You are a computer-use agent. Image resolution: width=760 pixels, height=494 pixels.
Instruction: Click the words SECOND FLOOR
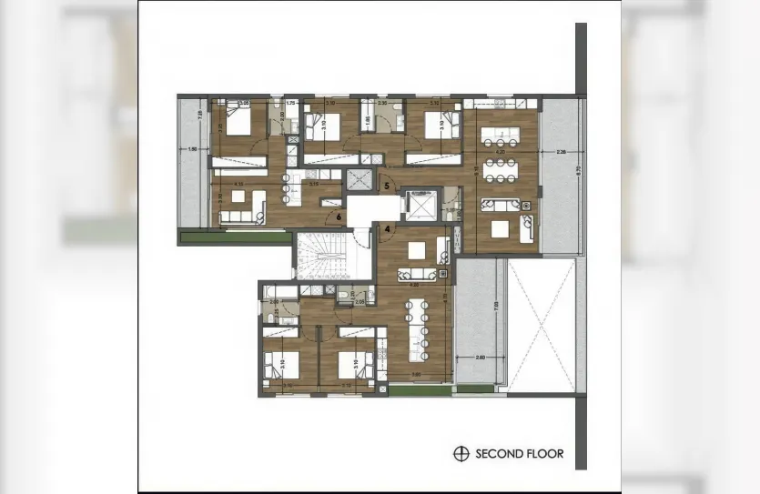tap(519, 453)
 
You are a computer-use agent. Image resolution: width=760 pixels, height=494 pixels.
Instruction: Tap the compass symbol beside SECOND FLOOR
tap(461, 453)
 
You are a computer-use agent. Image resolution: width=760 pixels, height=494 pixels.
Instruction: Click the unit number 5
tap(387, 187)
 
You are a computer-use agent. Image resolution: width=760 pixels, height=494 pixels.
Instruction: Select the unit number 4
tap(387, 228)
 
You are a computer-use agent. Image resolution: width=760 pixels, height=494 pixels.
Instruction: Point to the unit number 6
tap(339, 217)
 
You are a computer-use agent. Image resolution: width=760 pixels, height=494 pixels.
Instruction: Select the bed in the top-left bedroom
tap(238, 122)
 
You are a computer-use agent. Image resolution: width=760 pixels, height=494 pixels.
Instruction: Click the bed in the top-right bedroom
tap(436, 124)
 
